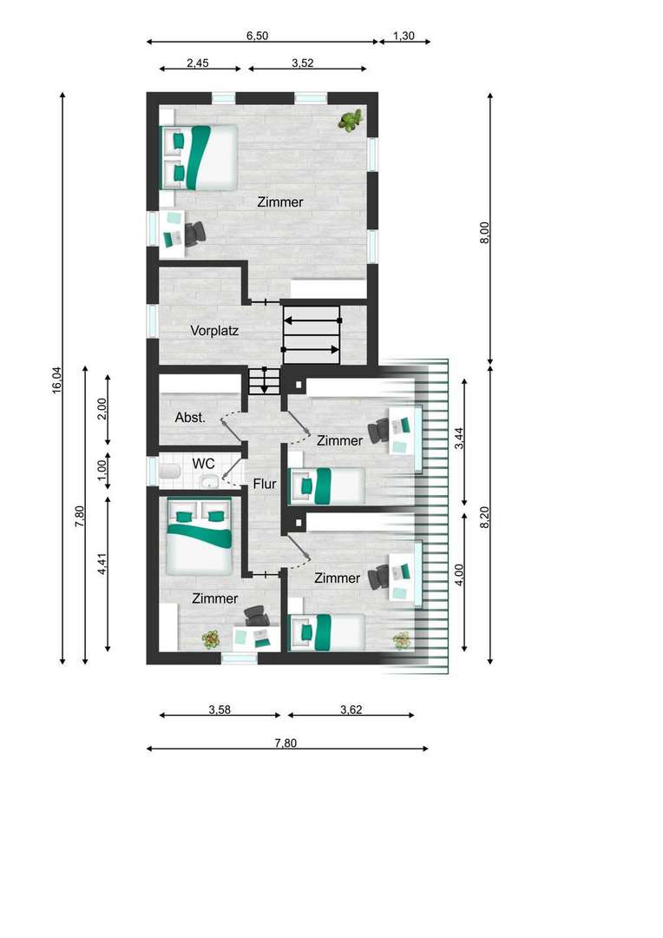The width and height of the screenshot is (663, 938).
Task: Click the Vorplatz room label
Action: coord(214,330)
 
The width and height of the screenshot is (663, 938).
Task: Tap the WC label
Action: coord(203,464)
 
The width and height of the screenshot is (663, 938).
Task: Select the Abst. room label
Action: coord(190,418)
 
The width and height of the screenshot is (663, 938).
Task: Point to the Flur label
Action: coord(264,484)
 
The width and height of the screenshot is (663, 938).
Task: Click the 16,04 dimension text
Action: coord(56,380)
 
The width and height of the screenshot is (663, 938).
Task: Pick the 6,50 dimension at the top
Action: coord(257,36)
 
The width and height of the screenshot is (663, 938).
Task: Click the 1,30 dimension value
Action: coord(404,36)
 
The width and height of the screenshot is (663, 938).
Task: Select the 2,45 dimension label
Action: coord(197,63)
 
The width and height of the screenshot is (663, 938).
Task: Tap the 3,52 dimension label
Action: coord(303,63)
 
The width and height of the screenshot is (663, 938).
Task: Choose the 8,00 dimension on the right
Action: coord(485,232)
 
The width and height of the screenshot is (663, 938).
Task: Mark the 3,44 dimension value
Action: coord(459,438)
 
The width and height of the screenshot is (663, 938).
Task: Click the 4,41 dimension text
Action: coord(102,564)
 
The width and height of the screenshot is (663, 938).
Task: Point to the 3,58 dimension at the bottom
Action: coord(220,710)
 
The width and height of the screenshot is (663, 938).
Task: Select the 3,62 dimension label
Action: coord(351,710)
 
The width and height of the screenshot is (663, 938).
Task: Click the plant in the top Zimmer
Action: coord(351,120)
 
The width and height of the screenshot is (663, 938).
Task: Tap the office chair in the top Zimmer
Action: coord(194,234)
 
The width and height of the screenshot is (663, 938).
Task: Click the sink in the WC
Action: coord(209,480)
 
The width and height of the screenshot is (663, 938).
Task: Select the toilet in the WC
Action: coord(170,471)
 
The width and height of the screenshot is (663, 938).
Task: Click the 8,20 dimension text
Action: coord(485,517)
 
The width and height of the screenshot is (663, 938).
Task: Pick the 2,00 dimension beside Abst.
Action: coord(102,408)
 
